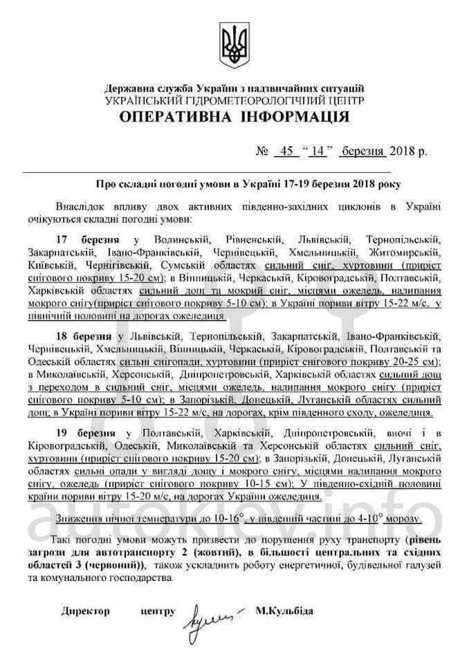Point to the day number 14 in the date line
(x=318, y=151)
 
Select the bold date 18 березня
(x=87, y=335)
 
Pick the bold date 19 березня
(x=87, y=432)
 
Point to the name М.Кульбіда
(x=284, y=611)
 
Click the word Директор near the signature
(x=85, y=611)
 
